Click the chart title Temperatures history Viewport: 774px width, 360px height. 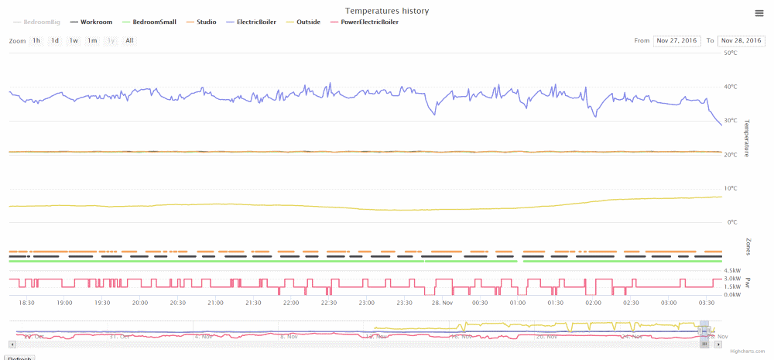pyautogui.click(x=387, y=11)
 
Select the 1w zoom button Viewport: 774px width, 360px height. pyautogui.click(x=74, y=40)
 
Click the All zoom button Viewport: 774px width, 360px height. pyautogui.click(x=129, y=40)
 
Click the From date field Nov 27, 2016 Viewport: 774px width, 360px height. pyautogui.click(x=676, y=40)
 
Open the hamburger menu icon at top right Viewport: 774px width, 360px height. pyautogui.click(x=760, y=12)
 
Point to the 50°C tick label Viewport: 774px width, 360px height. pyautogui.click(x=731, y=53)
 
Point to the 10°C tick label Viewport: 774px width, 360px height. pyautogui.click(x=731, y=188)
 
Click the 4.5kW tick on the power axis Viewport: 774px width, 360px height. pyautogui.click(x=731, y=270)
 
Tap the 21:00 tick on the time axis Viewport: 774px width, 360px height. pyautogui.click(x=215, y=303)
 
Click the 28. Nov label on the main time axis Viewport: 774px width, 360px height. pyautogui.click(x=441, y=303)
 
